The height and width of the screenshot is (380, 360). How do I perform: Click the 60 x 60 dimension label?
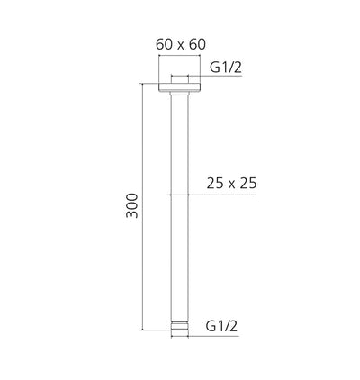click(x=180, y=44)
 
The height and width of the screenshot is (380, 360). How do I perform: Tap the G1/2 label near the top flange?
click(x=225, y=67)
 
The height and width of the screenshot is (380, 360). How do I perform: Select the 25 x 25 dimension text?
click(x=231, y=184)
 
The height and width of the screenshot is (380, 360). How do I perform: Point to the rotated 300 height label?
click(x=132, y=206)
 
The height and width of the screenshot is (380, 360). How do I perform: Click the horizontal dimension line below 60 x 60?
click(x=180, y=57)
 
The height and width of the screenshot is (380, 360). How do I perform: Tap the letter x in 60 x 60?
click(x=180, y=45)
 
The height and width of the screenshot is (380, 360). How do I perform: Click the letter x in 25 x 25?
click(x=231, y=185)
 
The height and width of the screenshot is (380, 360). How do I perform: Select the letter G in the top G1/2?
click(x=214, y=67)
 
